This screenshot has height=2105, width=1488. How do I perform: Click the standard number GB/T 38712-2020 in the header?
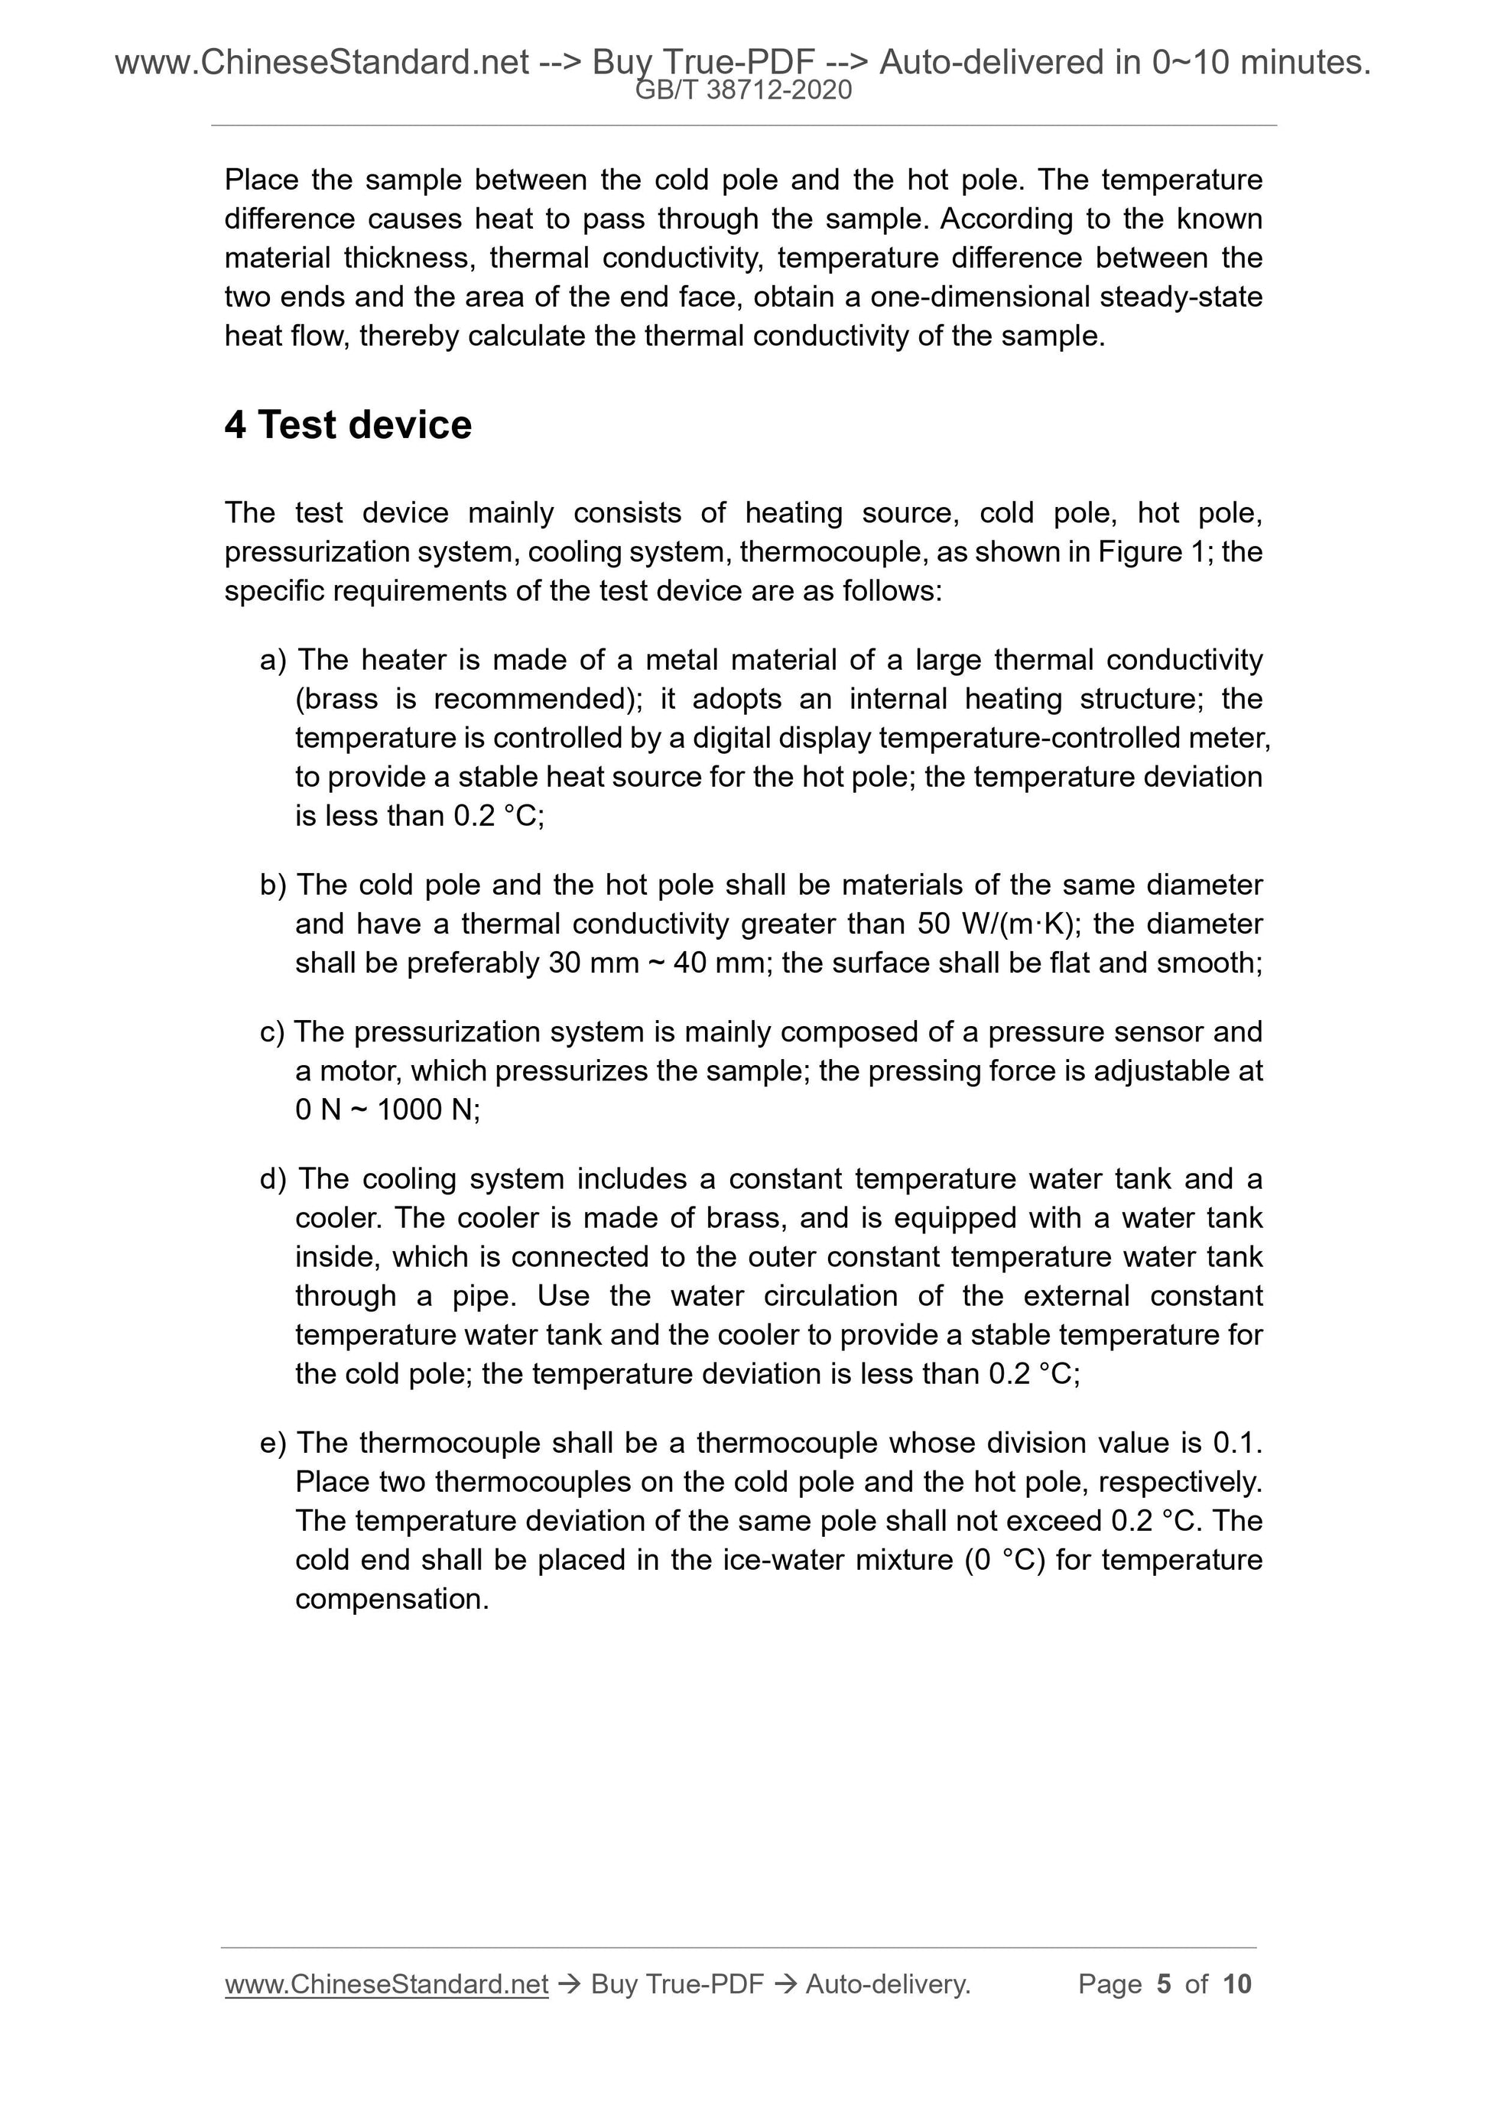pos(743,90)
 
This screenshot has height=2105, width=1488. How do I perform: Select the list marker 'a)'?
pos(272,660)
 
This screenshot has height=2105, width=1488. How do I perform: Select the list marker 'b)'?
pos(272,885)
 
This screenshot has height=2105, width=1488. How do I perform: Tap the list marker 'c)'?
pos(272,1032)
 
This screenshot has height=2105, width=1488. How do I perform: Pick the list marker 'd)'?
pos(272,1179)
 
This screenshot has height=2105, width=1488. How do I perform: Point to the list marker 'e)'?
pos(272,1443)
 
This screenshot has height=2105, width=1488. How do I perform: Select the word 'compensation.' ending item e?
pos(391,1599)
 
